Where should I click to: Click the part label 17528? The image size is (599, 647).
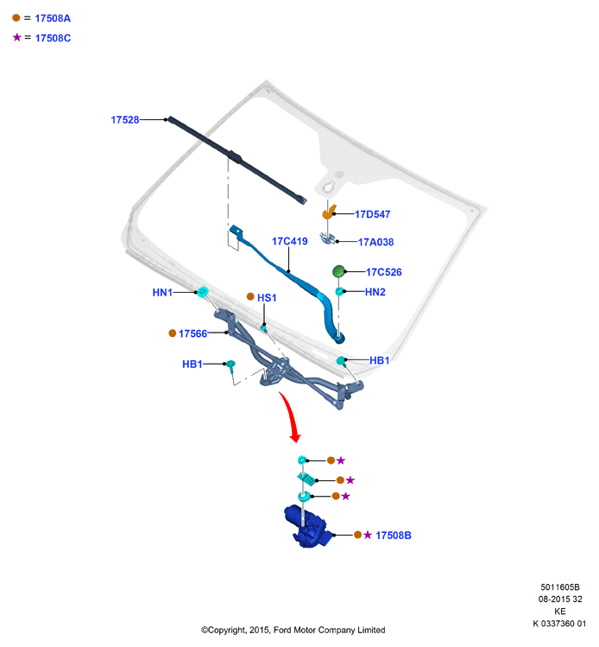pyautogui.click(x=125, y=120)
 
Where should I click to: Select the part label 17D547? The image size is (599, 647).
pyautogui.click(x=372, y=214)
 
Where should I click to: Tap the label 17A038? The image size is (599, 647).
pyautogui.click(x=375, y=242)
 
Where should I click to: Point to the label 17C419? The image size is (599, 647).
pyautogui.click(x=289, y=241)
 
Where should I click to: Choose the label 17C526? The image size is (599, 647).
pyautogui.click(x=384, y=272)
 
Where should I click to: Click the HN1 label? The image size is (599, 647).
pyautogui.click(x=162, y=293)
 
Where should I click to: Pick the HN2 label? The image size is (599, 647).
pyautogui.click(x=375, y=292)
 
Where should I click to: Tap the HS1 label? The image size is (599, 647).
pyautogui.click(x=267, y=298)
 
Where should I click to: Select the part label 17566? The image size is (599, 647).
pyautogui.click(x=192, y=333)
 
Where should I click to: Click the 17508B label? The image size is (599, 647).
pyautogui.click(x=394, y=536)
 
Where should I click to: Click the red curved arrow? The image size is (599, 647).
pyautogui.click(x=290, y=415)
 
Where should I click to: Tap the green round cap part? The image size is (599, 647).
pyautogui.click(x=338, y=271)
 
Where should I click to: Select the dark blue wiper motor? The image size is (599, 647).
pyautogui.click(x=308, y=526)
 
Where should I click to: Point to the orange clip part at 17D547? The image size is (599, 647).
pyautogui.click(x=328, y=212)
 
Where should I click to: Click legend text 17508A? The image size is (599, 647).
pyautogui.click(x=53, y=18)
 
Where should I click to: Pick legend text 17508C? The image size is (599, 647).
pyautogui.click(x=53, y=38)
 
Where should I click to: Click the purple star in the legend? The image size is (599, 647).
pyautogui.click(x=17, y=37)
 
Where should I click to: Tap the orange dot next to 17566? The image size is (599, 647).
pyautogui.click(x=173, y=333)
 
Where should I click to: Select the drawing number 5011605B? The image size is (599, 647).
pyautogui.click(x=560, y=587)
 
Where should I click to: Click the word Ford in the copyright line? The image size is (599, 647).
pyautogui.click(x=282, y=630)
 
